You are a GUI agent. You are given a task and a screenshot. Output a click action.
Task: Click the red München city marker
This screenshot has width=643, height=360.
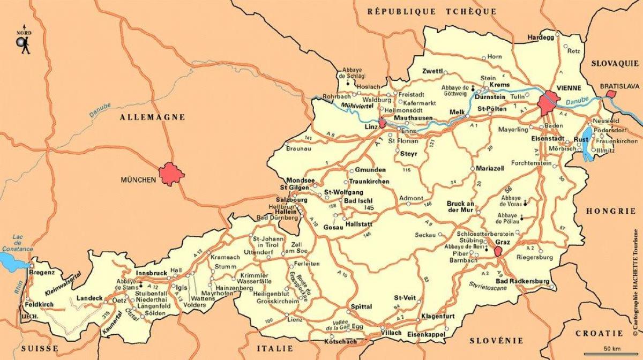[x=171, y=174]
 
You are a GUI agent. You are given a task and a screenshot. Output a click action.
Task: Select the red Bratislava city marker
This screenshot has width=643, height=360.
[x=610, y=94]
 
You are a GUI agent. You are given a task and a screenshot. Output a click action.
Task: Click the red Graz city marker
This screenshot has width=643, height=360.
[x=498, y=251]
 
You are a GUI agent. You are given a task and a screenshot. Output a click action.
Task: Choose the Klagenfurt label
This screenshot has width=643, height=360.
[x=438, y=317]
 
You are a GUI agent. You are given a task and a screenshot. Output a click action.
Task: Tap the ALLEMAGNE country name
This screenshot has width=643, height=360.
[x=152, y=117]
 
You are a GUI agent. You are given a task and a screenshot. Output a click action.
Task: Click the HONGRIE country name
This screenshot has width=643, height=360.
[x=611, y=211]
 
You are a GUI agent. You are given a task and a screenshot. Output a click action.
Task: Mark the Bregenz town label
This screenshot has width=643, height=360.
[x=43, y=273]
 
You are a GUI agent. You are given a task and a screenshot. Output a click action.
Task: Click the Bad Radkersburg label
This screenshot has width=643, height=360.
[x=523, y=281]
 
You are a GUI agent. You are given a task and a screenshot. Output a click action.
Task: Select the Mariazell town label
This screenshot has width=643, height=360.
[x=491, y=168]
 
